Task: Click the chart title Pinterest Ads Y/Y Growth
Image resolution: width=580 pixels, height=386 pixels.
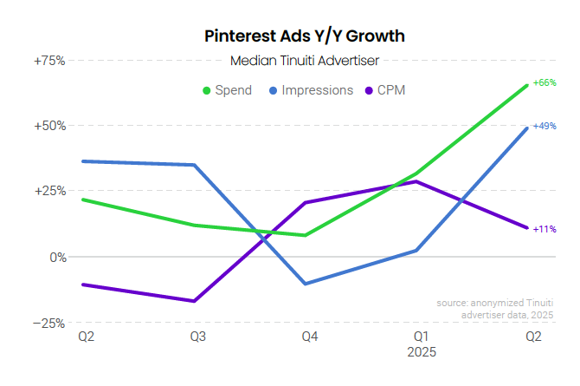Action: pyautogui.click(x=305, y=36)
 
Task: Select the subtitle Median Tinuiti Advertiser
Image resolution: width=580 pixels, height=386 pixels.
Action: pyautogui.click(x=305, y=61)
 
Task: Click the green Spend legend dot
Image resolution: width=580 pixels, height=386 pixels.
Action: pyautogui.click(x=208, y=90)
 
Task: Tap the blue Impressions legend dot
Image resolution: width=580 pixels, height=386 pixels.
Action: pyautogui.click(x=273, y=90)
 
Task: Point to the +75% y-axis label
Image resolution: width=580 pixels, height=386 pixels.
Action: pyautogui.click(x=48, y=61)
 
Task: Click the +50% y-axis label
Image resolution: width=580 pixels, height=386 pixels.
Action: pyautogui.click(x=48, y=126)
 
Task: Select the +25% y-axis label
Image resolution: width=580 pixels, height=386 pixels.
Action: pyautogui.click(x=48, y=192)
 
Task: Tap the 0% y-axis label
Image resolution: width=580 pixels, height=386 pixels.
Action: pyautogui.click(x=56, y=257)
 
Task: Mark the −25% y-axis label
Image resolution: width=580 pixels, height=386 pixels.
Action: pyautogui.click(x=48, y=323)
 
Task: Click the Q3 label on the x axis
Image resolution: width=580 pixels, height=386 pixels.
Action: pyautogui.click(x=197, y=337)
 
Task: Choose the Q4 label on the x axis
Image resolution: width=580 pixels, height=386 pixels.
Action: pyautogui.click(x=307, y=337)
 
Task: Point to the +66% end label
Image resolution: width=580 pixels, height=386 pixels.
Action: pyautogui.click(x=545, y=83)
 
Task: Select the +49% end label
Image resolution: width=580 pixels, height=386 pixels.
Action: pyautogui.click(x=545, y=126)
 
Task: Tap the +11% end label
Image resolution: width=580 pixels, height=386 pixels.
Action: pyautogui.click(x=545, y=229)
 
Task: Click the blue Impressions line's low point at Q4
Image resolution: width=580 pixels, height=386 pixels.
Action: pyautogui.click(x=306, y=284)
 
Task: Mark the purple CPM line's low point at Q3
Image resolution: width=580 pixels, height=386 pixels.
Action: pyautogui.click(x=195, y=301)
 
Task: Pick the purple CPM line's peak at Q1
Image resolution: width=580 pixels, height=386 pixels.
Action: pyautogui.click(x=416, y=181)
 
